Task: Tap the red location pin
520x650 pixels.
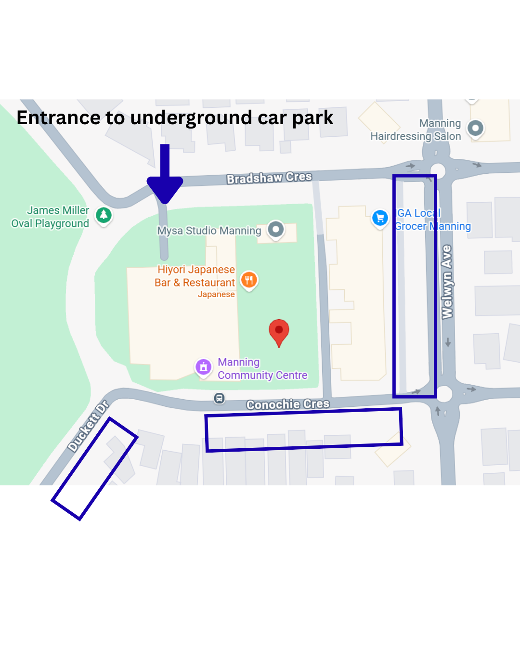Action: pyautogui.click(x=279, y=331)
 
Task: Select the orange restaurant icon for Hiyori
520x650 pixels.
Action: pyautogui.click(x=249, y=280)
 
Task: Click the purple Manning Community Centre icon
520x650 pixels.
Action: pyautogui.click(x=203, y=367)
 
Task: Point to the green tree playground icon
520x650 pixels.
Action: pyautogui.click(x=104, y=215)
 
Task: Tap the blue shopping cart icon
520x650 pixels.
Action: pyautogui.click(x=380, y=218)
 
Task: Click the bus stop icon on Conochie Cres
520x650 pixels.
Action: pyautogui.click(x=219, y=398)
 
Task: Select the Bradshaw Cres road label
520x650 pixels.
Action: pyautogui.click(x=269, y=178)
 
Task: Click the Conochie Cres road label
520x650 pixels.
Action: pyautogui.click(x=288, y=404)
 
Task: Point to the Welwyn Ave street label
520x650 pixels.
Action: pyautogui.click(x=447, y=282)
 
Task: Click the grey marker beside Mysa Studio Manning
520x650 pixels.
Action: pyautogui.click(x=275, y=229)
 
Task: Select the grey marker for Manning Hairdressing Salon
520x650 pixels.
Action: pyautogui.click(x=475, y=128)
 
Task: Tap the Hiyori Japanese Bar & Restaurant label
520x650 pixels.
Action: pyautogui.click(x=195, y=276)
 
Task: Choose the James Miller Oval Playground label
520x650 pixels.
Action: pyautogui.click(x=50, y=217)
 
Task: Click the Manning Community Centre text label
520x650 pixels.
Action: pyautogui.click(x=262, y=369)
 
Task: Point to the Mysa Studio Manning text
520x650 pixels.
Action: pyautogui.click(x=209, y=231)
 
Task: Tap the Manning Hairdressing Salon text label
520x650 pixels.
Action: pyautogui.click(x=416, y=130)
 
